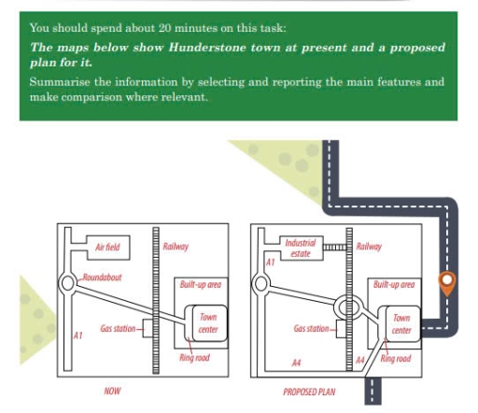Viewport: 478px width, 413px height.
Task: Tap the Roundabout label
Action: tap(102, 278)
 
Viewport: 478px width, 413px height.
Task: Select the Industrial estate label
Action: tap(300, 248)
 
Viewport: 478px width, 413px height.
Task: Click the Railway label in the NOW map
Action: tap(176, 246)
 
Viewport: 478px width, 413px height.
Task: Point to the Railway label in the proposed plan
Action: tap(370, 246)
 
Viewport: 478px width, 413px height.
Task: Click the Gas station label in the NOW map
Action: tap(119, 328)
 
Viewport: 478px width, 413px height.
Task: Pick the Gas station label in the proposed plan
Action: tap(312, 328)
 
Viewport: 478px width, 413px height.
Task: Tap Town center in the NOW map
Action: tap(207, 323)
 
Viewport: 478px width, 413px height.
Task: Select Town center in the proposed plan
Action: tap(401, 323)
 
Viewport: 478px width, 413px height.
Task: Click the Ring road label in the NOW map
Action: tap(196, 359)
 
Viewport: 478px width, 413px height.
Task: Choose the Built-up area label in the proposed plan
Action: tap(393, 283)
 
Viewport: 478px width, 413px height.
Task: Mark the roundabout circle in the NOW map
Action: tap(68, 281)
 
